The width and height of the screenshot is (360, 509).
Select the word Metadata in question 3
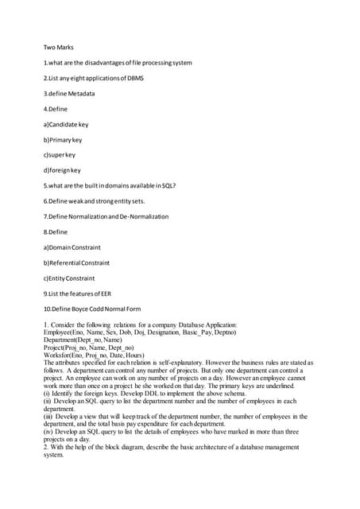80,93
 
